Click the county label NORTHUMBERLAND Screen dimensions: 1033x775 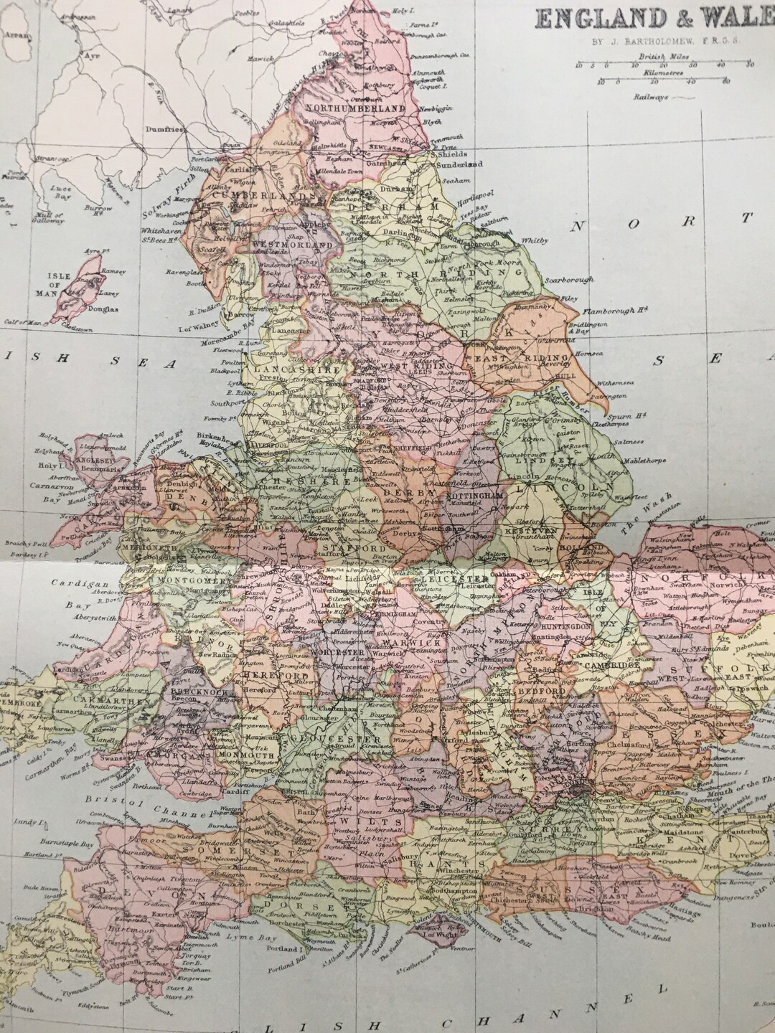coord(351,108)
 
